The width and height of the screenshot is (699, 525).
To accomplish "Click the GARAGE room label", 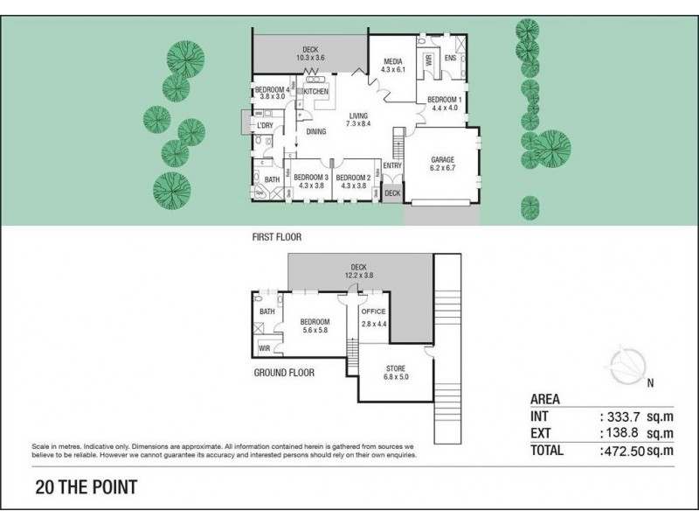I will (x=443, y=160).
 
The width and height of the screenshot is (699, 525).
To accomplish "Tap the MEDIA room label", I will (x=391, y=61).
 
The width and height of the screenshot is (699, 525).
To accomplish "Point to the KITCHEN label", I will (x=315, y=91).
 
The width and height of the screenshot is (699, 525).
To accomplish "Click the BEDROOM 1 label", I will (x=444, y=99).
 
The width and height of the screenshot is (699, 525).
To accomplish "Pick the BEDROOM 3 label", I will (x=311, y=176).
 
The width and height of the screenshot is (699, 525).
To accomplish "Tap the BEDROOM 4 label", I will (x=271, y=89).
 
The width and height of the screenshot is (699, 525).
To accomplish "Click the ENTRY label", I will (x=392, y=165).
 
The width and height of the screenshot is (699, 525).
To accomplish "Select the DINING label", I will (x=316, y=132).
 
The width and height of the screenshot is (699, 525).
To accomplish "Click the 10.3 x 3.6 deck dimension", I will (x=310, y=58).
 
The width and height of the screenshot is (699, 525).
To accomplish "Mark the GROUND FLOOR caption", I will (x=284, y=372).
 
